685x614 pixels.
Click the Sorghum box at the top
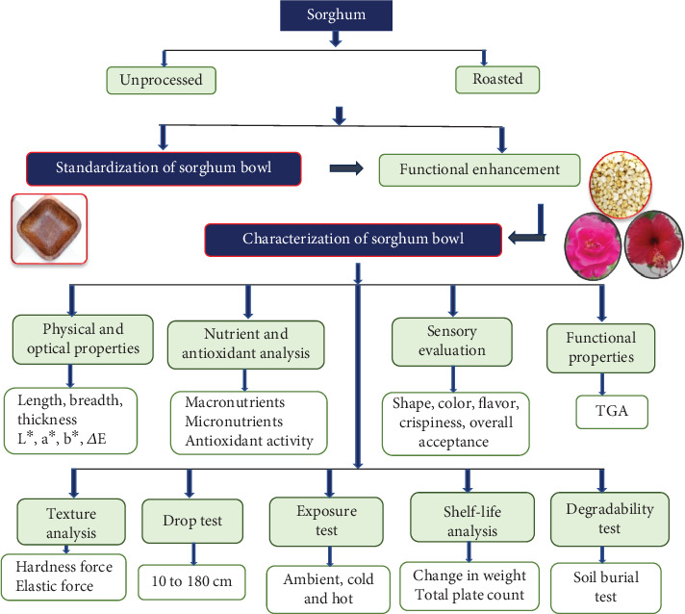click(x=336, y=15)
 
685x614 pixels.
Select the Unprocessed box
click(x=162, y=80)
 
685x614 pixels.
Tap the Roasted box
click(x=497, y=80)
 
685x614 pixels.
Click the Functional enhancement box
click(x=479, y=170)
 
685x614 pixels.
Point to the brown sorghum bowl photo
click(x=49, y=229)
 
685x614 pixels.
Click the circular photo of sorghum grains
click(x=620, y=185)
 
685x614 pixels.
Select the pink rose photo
click(x=593, y=246)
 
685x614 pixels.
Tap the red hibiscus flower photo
click(x=653, y=244)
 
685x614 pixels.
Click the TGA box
click(x=612, y=412)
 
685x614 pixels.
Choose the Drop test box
click(x=192, y=521)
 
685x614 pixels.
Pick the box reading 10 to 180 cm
click(x=191, y=581)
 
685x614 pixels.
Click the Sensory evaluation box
click(x=452, y=342)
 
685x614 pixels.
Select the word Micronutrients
click(x=234, y=422)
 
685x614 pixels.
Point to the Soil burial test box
click(x=606, y=588)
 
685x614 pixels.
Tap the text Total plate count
click(x=469, y=595)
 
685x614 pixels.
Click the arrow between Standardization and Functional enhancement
click(x=346, y=168)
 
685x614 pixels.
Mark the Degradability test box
click(x=610, y=519)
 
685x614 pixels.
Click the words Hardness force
click(x=64, y=567)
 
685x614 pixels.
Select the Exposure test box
click(x=326, y=522)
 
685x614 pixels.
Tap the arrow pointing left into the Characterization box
click(x=527, y=223)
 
